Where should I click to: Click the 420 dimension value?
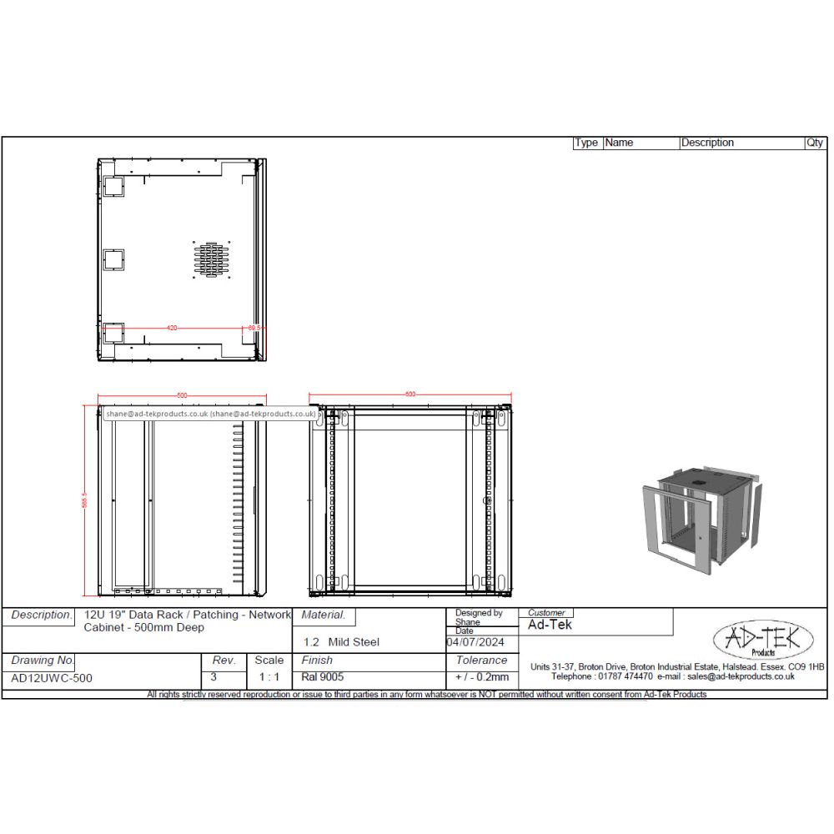click(172, 328)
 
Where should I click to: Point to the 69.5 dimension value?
click(254, 328)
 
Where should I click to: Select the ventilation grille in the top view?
click(211, 260)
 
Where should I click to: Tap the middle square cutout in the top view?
click(113, 260)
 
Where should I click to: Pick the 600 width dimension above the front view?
click(409, 394)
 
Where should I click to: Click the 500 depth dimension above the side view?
click(181, 394)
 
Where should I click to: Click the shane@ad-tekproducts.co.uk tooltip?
click(210, 413)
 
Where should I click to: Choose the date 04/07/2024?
click(476, 642)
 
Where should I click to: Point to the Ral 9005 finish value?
click(323, 677)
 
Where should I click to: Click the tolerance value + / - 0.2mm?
click(482, 677)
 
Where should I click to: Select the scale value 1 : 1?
click(269, 677)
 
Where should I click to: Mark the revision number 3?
click(214, 676)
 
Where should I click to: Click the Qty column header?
click(814, 143)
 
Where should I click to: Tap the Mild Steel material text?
click(353, 642)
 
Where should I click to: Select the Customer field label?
click(546, 613)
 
